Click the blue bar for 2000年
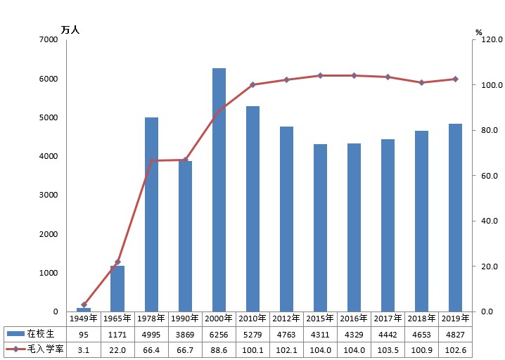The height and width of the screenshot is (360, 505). tap(219, 190)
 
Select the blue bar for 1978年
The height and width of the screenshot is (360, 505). tap(151, 214)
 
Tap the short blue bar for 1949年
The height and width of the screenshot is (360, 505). tap(84, 309)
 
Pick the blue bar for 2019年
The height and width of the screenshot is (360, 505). tap(455, 218)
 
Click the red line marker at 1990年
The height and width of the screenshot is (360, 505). tap(185, 160)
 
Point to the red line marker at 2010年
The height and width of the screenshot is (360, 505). tap(252, 84)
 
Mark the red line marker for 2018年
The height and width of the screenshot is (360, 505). tap(421, 82)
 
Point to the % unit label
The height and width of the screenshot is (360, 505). tap(478, 32)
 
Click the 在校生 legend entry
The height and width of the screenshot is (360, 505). tap(35, 334)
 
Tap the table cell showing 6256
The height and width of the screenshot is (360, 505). tap(219, 334)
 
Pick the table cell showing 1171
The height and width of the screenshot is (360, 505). tap(117, 334)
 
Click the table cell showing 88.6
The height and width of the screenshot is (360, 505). tap(219, 349)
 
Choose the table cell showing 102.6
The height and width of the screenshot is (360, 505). tap(455, 349)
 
